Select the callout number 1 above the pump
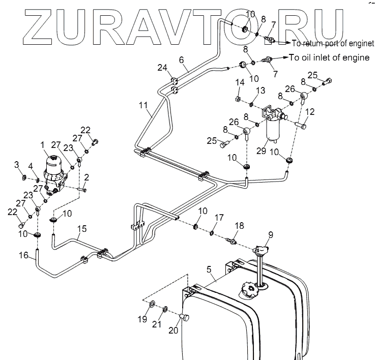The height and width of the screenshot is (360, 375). (43, 145)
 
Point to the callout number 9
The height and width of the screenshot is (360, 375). (270, 235)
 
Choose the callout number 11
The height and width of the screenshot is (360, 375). (145, 106)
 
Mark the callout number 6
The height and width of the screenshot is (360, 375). (182, 60)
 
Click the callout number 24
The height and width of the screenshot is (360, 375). (161, 68)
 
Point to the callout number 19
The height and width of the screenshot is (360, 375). (142, 319)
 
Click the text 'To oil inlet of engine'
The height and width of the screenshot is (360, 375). (329, 58)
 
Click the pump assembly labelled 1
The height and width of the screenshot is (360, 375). (55, 174)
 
